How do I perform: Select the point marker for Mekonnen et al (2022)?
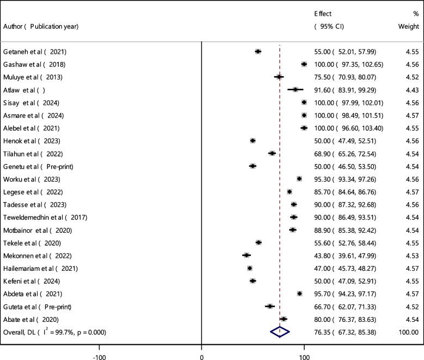point(247,255)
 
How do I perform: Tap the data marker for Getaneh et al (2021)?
point(258,52)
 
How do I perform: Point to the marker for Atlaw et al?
point(296,90)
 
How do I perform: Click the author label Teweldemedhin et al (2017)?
point(45,217)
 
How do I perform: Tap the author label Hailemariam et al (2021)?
point(40,268)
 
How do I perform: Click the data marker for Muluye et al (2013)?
point(279,77)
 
